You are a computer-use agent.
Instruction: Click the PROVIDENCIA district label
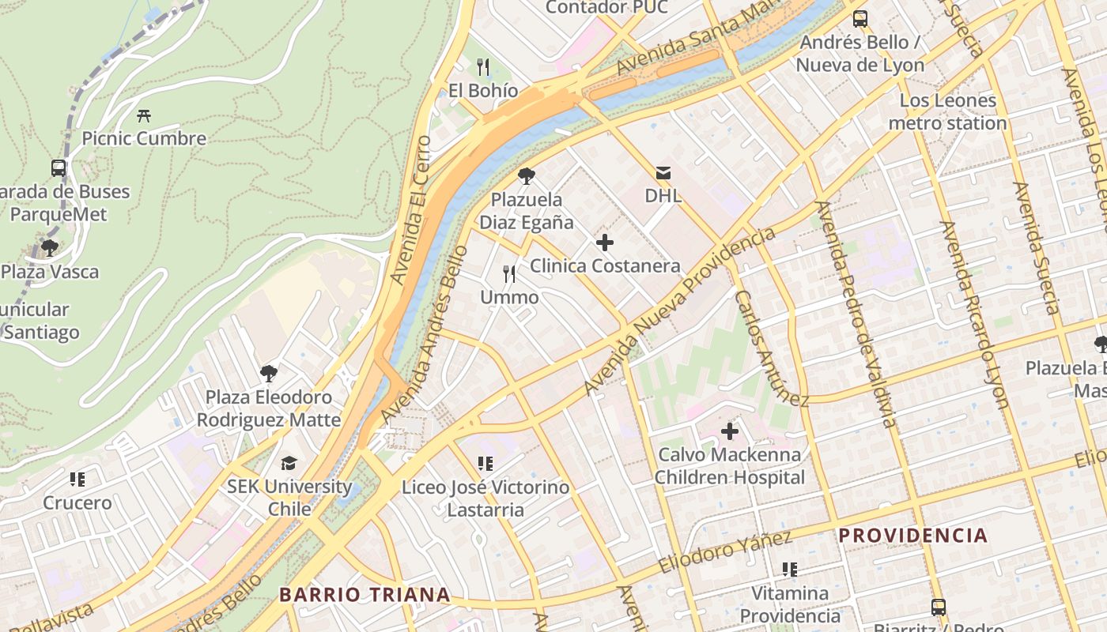point(912,536)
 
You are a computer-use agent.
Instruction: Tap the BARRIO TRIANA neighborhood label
point(365,595)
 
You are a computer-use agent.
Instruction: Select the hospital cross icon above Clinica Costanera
point(605,243)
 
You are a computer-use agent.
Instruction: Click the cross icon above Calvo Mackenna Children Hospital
point(729,431)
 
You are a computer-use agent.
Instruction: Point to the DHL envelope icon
point(663,172)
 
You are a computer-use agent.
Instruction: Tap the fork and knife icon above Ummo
point(510,274)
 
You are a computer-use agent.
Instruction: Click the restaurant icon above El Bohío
point(483,67)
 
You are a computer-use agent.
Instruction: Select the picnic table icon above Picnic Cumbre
point(144,115)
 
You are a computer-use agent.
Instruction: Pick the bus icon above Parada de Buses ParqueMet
point(59,168)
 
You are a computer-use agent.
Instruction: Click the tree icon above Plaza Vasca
point(50,248)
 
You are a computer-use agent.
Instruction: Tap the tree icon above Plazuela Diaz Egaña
point(527,176)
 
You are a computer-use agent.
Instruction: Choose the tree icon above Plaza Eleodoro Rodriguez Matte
point(269,373)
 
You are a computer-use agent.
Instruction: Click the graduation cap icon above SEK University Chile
point(289,463)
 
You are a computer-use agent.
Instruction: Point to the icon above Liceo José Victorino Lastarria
point(485,464)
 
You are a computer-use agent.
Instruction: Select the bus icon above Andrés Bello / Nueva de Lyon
point(860,19)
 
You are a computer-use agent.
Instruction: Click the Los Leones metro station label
point(947,112)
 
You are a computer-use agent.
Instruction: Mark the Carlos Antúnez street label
point(770,348)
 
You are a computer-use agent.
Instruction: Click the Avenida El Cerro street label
point(410,210)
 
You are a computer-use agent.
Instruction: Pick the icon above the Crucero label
point(77,479)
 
